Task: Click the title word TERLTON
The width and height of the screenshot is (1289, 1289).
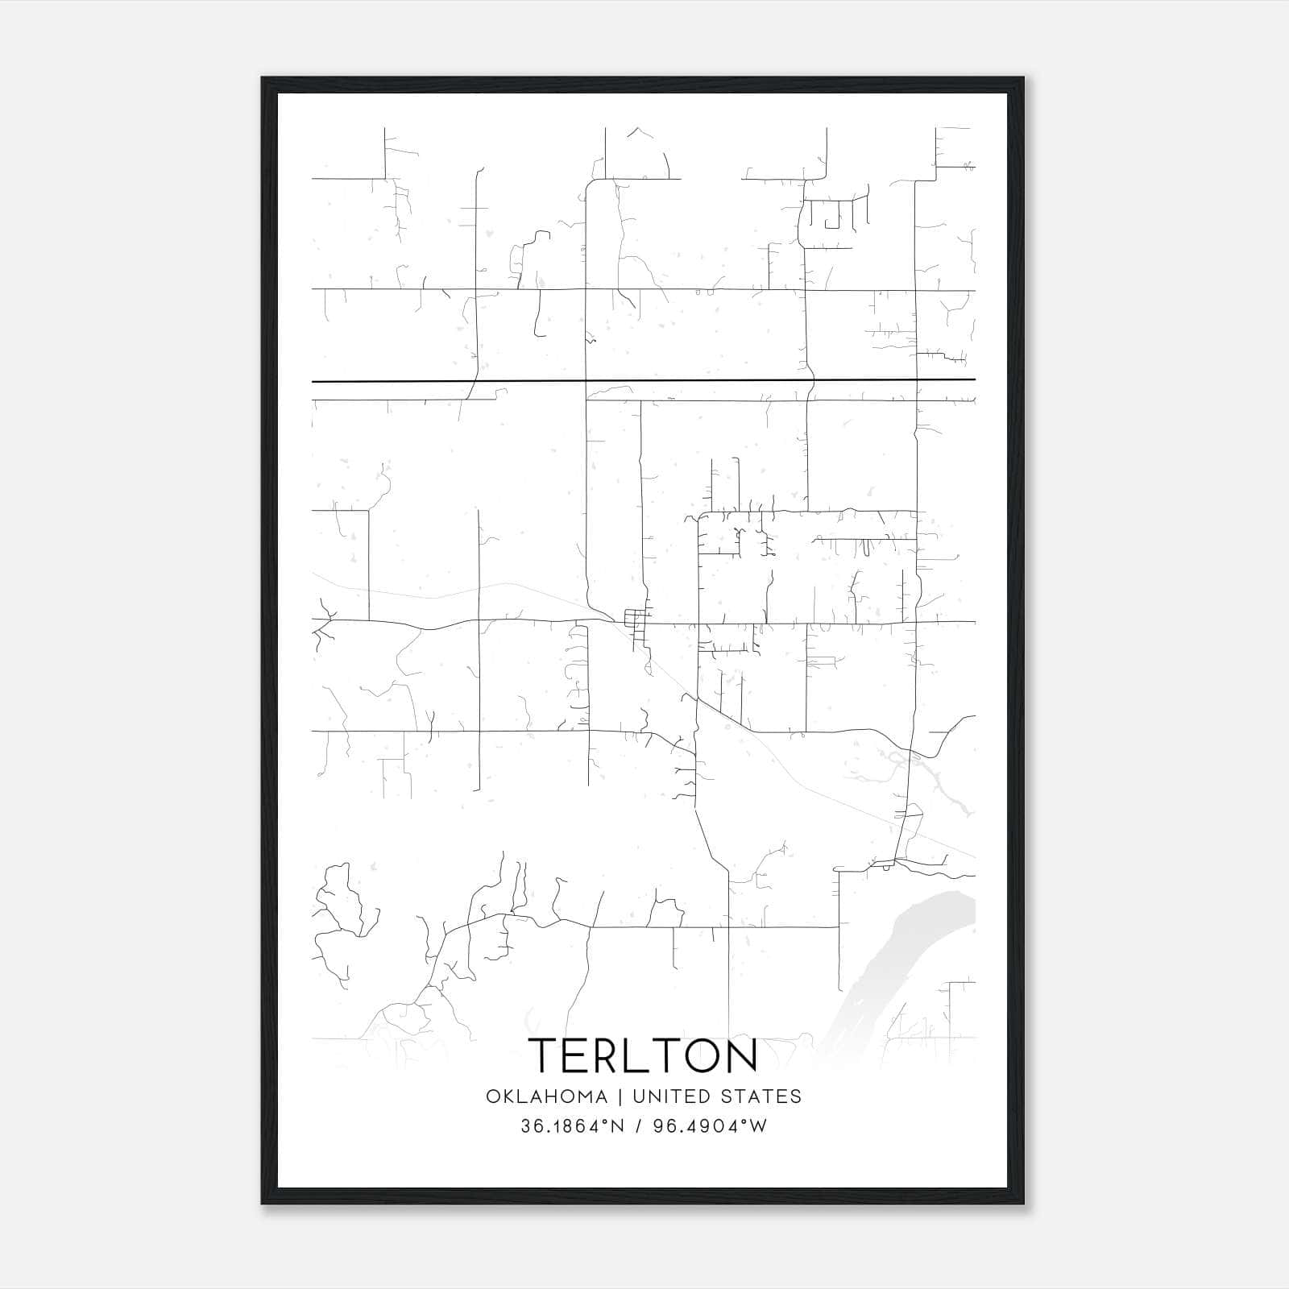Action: (x=643, y=1055)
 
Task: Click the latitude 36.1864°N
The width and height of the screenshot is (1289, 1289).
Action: (x=572, y=1126)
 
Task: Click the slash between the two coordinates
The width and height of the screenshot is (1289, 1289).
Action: (x=638, y=1126)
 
